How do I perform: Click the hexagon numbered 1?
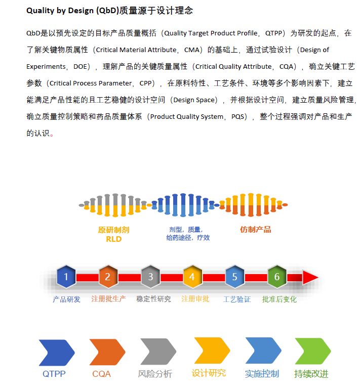(x=66, y=277)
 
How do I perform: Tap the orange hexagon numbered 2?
(x=108, y=277)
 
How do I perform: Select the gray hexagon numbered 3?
(x=150, y=277)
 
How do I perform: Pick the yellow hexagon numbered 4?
(x=192, y=277)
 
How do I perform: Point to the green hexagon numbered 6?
(x=277, y=277)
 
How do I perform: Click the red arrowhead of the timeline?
(x=310, y=277)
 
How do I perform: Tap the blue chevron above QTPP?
(x=57, y=353)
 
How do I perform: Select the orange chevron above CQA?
(x=107, y=352)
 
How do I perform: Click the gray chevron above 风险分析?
(x=158, y=352)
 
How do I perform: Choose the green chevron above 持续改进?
(x=313, y=351)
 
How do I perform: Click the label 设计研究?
(x=209, y=373)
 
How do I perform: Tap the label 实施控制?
(x=262, y=374)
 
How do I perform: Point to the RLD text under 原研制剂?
(x=113, y=239)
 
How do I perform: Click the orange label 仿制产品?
(x=255, y=230)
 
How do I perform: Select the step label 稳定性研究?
(x=153, y=299)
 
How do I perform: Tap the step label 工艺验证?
(x=237, y=299)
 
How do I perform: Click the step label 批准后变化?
(x=279, y=299)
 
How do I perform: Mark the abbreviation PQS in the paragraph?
(x=237, y=117)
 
